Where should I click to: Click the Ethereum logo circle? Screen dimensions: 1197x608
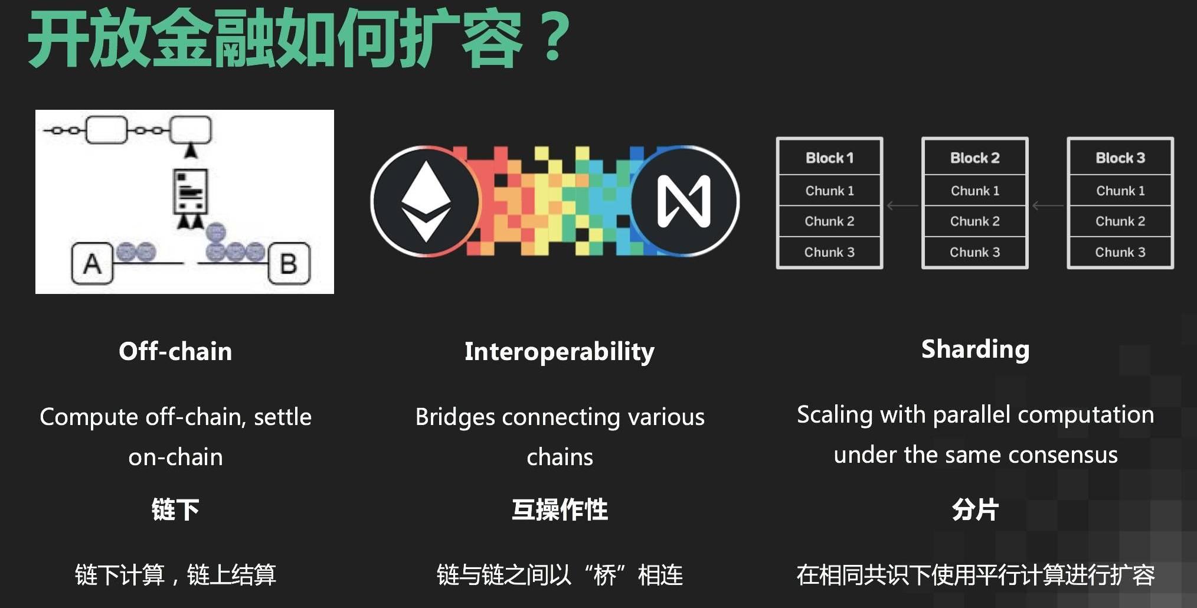[x=426, y=201]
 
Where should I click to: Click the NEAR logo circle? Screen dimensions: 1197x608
[x=685, y=201]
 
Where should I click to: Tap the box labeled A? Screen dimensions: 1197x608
[x=92, y=263]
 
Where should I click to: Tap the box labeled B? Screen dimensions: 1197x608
[x=289, y=263]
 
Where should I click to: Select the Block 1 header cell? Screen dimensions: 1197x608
[x=829, y=158]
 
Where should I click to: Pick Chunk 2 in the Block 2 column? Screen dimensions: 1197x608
[x=974, y=221]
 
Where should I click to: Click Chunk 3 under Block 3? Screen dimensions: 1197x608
[x=1120, y=252]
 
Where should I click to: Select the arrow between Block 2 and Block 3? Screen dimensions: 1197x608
[x=1048, y=205]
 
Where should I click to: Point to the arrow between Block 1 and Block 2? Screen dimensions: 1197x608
[x=902, y=205]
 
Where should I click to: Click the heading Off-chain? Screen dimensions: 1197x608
[x=175, y=351]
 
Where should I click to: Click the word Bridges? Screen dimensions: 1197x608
[x=455, y=417]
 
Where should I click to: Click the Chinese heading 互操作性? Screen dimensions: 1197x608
[x=560, y=509]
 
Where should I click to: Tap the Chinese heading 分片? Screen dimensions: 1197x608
[x=975, y=509]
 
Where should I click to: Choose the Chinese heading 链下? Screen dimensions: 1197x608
[x=175, y=509]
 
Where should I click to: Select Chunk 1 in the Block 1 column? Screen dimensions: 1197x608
[x=829, y=191]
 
